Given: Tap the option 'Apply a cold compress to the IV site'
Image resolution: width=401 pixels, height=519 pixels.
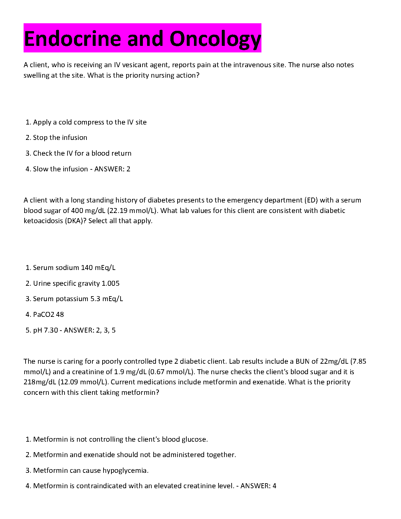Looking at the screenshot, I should tap(89, 122).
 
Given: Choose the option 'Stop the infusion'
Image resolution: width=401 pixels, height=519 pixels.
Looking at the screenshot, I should tap(60, 138).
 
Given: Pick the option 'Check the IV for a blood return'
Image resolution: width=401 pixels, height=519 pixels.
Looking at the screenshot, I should tap(82, 153).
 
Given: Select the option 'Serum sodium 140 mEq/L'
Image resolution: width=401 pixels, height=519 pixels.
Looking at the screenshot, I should tap(74, 268).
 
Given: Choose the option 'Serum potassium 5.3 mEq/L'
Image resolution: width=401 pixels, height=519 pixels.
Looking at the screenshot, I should tap(78, 299).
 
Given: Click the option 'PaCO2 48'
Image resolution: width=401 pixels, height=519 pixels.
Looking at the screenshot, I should tap(48, 315).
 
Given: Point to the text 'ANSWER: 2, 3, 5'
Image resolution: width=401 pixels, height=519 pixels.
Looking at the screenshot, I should tap(90, 330).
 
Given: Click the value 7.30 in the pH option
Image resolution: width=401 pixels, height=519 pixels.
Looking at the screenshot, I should tap(51, 330).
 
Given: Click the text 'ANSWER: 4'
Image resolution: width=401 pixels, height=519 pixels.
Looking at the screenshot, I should tap(258, 486).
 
